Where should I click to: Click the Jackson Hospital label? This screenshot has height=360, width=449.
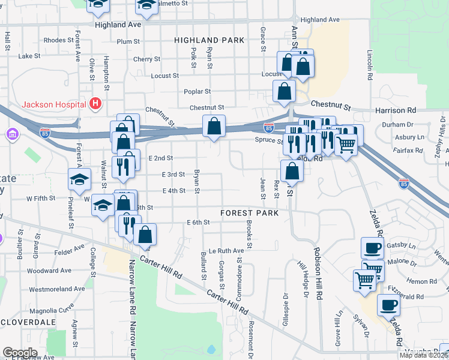pyautogui.click(x=53, y=104)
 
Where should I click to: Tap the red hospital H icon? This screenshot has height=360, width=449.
pyautogui.click(x=94, y=104)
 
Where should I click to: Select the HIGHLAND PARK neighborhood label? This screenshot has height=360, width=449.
pyautogui.click(x=209, y=40)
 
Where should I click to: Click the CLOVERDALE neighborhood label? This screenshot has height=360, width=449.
pyautogui.click(x=28, y=322)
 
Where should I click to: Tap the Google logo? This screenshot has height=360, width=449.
pyautogui.click(x=20, y=353)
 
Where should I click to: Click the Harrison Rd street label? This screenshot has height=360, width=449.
pyautogui.click(x=395, y=110)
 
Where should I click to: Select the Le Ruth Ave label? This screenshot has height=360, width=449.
pyautogui.click(x=226, y=251)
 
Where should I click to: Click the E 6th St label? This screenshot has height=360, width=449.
pyautogui.click(x=198, y=222)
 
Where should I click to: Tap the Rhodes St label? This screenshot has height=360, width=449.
pyautogui.click(x=58, y=40)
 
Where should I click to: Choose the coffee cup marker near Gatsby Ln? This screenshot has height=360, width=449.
pyautogui.click(x=372, y=247)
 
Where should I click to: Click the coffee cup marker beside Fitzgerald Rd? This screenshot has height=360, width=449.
pyautogui.click(x=388, y=304)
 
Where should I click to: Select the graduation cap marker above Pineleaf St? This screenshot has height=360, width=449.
pyautogui.click(x=79, y=179)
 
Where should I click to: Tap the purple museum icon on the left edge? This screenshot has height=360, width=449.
pyautogui.click(x=12, y=136)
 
